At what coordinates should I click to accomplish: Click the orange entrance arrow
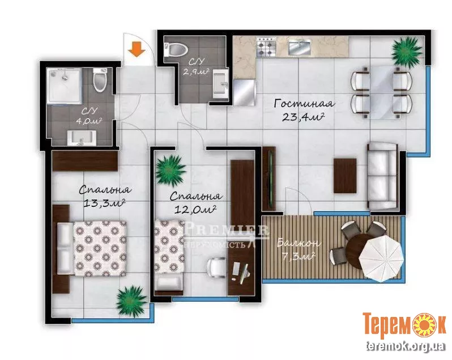coord(137,49)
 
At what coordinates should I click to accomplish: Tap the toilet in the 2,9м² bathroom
coord(175,49)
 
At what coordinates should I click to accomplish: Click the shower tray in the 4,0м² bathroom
coord(64,86)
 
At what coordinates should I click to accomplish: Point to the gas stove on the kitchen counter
coord(266,46)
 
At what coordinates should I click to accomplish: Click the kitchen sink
coord(300,47)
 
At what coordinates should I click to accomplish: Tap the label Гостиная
coord(304,104)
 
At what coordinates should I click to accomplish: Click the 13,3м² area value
coord(104,203)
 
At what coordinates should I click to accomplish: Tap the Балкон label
coord(299,243)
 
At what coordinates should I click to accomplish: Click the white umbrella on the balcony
coord(381,256)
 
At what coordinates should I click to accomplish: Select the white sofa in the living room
coord(382,176)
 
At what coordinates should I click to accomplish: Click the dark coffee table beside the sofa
coord(345,176)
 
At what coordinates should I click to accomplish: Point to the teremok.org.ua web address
coord(405,346)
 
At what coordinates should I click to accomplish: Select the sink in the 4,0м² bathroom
coord(82,138)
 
